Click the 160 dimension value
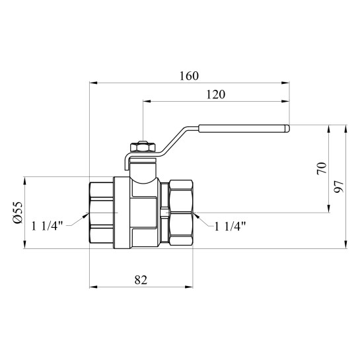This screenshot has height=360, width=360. [189, 76]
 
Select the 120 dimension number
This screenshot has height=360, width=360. [216, 94]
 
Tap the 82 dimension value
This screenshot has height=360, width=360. [141, 280]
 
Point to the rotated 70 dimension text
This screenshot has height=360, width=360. [322, 168]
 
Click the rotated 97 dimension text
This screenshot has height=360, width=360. [339, 187]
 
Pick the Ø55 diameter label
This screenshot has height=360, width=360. [18, 213]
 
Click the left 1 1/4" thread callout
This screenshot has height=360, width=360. [47, 226]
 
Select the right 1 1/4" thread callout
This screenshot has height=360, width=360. [230, 227]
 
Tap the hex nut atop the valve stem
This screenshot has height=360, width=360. [143, 147]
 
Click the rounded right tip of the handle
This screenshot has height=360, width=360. [287, 129]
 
